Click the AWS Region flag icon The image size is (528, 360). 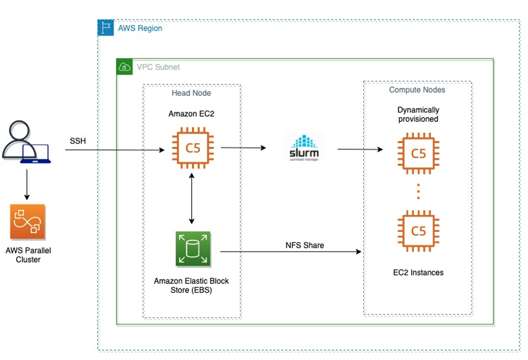click(x=105, y=28)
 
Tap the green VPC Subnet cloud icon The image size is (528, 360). click(x=125, y=66)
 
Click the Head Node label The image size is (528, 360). click(x=191, y=93)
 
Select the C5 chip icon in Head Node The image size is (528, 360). click(x=192, y=149)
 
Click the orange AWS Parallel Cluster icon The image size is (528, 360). click(x=27, y=222)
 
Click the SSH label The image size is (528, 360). click(x=78, y=140)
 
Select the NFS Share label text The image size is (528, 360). click(x=305, y=245)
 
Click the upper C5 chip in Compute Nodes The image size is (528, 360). click(x=418, y=153)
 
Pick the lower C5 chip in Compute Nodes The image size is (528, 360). click(x=418, y=231)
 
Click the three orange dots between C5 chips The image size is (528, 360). click(x=418, y=192)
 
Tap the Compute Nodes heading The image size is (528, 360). click(x=416, y=90)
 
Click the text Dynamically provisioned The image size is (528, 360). click(x=418, y=114)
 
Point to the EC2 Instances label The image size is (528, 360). click(x=418, y=272)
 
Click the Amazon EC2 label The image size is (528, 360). click(x=191, y=114)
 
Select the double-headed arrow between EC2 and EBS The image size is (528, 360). click(x=192, y=198)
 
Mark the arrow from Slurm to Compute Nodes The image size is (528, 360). click(x=360, y=149)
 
